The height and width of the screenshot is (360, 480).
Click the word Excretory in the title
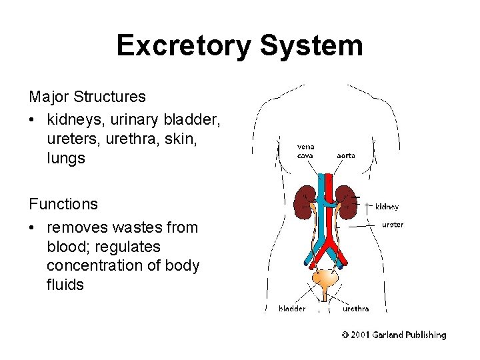point(183,46)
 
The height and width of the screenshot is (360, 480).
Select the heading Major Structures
point(87,97)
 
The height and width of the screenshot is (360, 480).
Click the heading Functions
point(63,204)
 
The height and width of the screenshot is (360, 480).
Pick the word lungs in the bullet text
point(66,159)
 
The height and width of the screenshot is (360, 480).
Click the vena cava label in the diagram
point(306,151)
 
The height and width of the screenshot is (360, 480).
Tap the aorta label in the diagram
point(345,155)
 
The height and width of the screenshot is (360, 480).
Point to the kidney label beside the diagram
point(387,207)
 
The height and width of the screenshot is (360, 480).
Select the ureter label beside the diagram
point(392,225)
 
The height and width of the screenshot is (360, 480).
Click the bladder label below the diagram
point(292,309)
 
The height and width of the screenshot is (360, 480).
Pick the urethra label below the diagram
point(355,309)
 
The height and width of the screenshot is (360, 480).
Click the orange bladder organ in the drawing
point(325,279)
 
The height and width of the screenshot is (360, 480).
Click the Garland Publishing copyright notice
point(394,335)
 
